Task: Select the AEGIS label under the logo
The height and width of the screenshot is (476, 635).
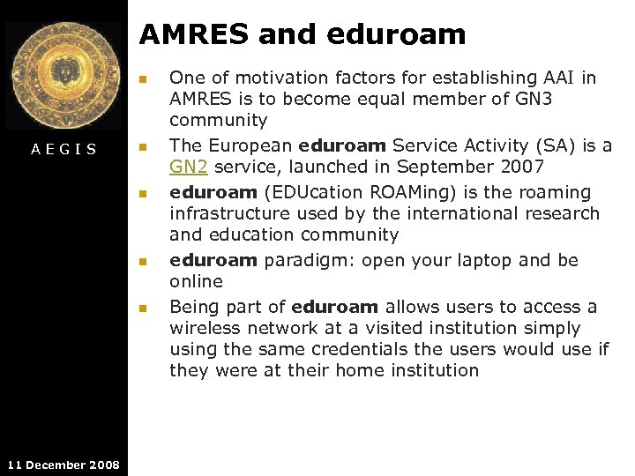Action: pyautogui.click(x=63, y=149)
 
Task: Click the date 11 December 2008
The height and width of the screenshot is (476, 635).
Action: pyautogui.click(x=63, y=465)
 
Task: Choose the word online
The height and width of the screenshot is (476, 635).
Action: pyautogui.click(x=196, y=281)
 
